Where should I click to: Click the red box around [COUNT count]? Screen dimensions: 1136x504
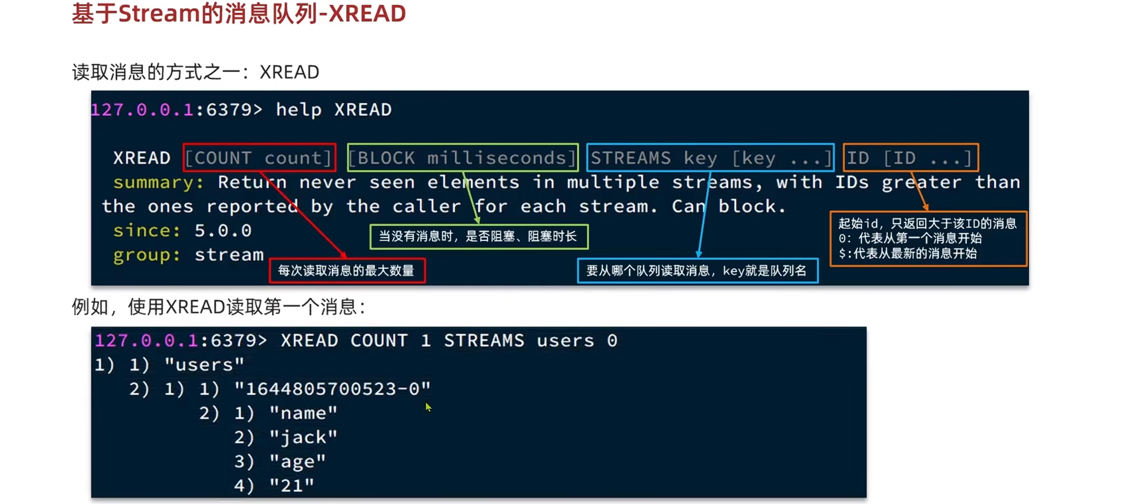click(x=259, y=158)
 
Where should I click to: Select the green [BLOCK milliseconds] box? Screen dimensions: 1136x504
click(x=462, y=158)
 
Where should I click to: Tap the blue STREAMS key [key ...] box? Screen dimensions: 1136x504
click(x=710, y=158)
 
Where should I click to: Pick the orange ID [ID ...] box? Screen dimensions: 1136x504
click(x=910, y=158)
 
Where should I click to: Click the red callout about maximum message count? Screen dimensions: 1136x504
click(x=347, y=271)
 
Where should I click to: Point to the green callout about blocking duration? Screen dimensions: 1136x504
click(x=479, y=237)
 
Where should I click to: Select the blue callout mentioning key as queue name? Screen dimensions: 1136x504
click(x=697, y=271)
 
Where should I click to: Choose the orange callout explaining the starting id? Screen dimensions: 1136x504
click(x=928, y=239)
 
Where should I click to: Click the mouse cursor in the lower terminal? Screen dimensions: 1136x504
click(x=428, y=407)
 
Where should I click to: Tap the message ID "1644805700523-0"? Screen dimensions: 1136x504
click(x=332, y=389)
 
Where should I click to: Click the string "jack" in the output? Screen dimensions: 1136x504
click(x=303, y=437)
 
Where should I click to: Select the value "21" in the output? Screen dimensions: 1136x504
click(x=292, y=486)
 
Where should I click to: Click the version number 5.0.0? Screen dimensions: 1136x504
click(x=223, y=231)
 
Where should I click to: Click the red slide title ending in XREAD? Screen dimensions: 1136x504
click(x=239, y=14)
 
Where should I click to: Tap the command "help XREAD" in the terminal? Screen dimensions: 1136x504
click(x=333, y=110)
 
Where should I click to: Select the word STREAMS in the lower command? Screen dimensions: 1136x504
click(x=484, y=341)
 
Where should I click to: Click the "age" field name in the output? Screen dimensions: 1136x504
click(x=297, y=462)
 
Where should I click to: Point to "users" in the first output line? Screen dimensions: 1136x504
click(x=204, y=365)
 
